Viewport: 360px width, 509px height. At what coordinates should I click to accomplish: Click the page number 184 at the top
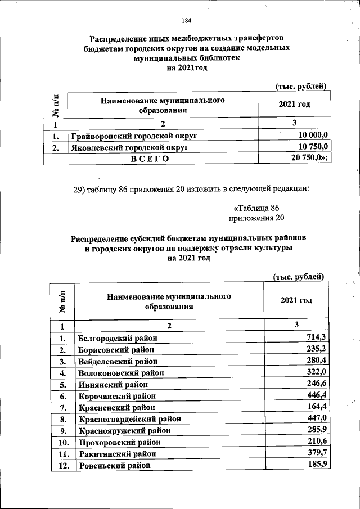(187, 21)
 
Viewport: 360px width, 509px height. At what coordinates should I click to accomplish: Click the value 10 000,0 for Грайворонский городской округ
(313, 136)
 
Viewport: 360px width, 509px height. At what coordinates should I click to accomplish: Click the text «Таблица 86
(256, 208)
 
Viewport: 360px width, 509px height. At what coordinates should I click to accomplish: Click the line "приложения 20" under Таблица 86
(256, 218)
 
